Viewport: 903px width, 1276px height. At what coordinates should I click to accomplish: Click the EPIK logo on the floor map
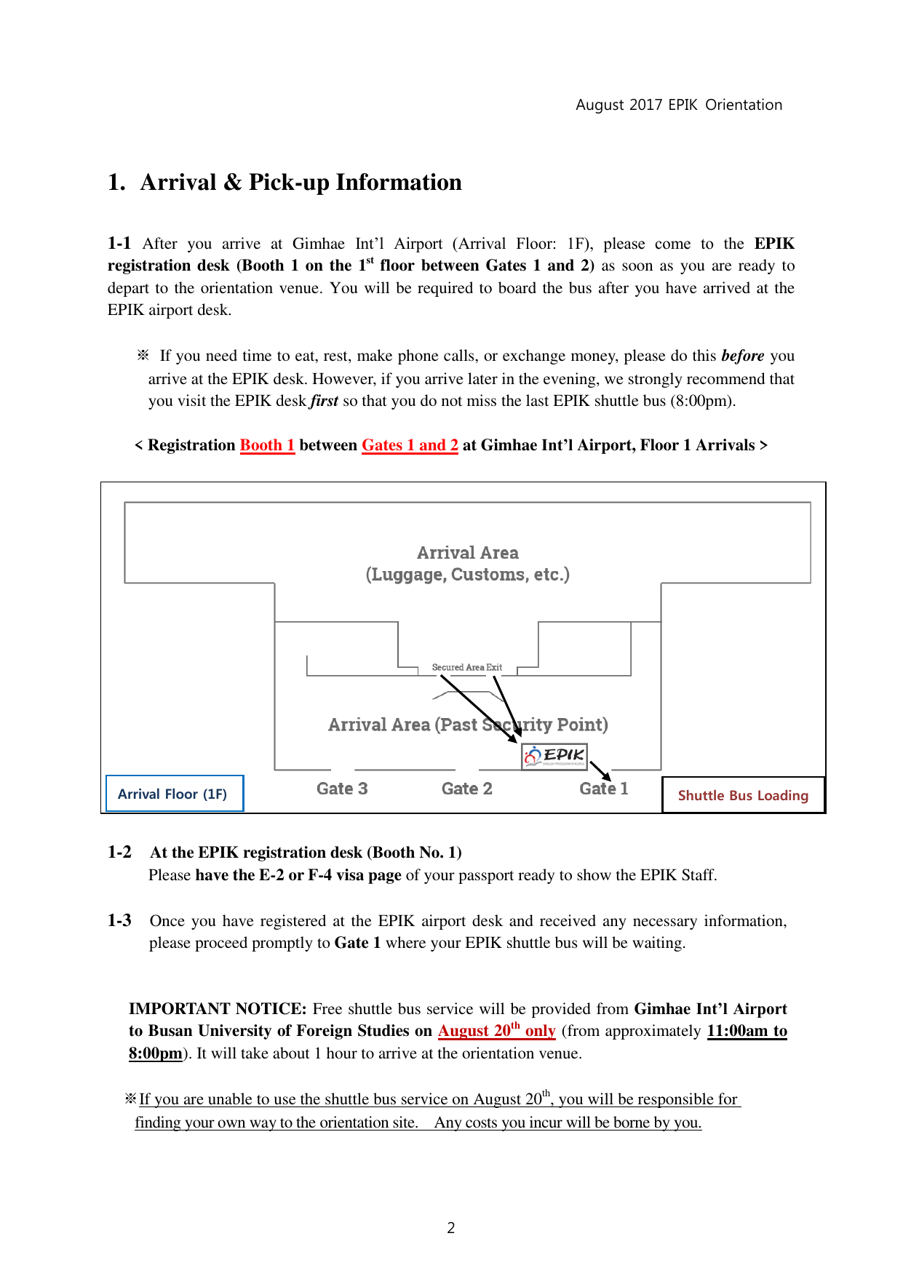(x=554, y=756)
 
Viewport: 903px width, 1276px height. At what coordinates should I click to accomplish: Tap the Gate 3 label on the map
(x=342, y=789)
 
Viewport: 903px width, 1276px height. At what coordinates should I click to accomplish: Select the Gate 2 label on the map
(x=466, y=789)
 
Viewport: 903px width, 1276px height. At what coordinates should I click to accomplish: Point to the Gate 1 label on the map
(x=603, y=789)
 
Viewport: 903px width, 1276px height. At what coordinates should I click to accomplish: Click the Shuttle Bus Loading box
(x=743, y=795)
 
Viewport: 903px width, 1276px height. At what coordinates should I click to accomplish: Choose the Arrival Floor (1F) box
(x=173, y=794)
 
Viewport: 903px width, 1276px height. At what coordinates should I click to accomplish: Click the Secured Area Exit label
(x=466, y=667)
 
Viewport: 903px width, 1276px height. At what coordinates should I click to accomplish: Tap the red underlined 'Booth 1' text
(x=267, y=445)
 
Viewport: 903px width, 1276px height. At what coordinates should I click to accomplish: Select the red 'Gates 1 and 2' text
(x=410, y=445)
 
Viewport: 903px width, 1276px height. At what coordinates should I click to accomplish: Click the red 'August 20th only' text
(x=496, y=1031)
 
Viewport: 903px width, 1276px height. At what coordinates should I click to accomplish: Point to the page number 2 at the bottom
(x=451, y=1228)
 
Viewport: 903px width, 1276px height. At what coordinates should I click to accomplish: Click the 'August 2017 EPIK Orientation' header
(x=678, y=105)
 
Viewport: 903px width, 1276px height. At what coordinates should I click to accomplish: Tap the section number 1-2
(x=119, y=853)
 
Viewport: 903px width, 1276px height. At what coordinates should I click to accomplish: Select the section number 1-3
(x=119, y=920)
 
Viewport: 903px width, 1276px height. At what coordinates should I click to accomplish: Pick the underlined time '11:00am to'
(x=747, y=1031)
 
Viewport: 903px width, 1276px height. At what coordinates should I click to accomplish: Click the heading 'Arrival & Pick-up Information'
(x=301, y=182)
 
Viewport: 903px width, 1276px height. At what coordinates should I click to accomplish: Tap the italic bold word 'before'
(x=742, y=356)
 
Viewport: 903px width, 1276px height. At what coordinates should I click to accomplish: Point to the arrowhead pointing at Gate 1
(x=607, y=777)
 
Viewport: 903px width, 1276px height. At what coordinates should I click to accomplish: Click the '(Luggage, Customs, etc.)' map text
(x=467, y=575)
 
